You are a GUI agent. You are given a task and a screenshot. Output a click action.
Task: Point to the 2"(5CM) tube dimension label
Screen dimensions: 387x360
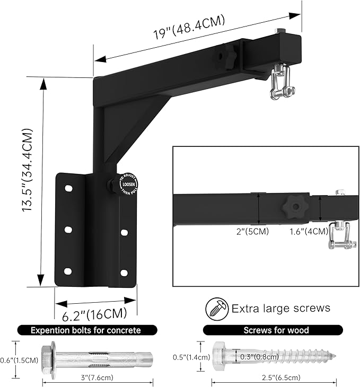[253, 231]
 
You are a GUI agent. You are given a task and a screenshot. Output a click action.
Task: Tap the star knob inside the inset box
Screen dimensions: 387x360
[292, 205]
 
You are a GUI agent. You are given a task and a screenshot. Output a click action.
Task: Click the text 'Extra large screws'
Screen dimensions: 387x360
[280, 308]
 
